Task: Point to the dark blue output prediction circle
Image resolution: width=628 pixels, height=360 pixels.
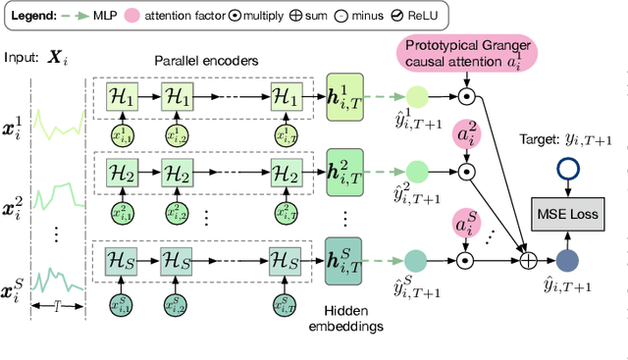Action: click(x=566, y=261)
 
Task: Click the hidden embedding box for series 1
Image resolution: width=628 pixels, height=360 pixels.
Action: click(x=344, y=99)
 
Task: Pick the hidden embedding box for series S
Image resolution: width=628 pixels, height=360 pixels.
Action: click(x=344, y=260)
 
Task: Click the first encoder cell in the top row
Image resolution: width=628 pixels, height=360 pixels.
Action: click(x=126, y=97)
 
